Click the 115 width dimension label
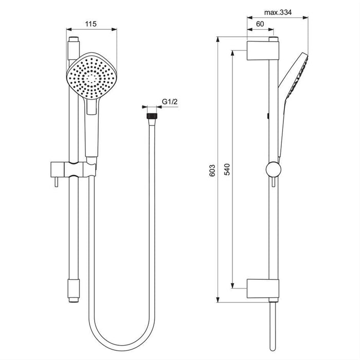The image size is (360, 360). click(x=92, y=24)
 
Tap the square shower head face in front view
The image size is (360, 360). click(x=91, y=77)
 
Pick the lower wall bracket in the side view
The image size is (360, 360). click(x=263, y=289)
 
